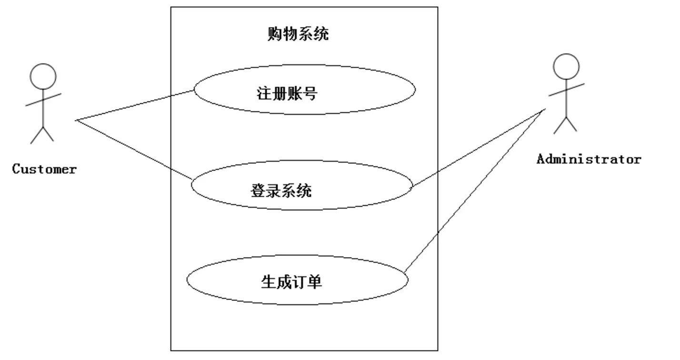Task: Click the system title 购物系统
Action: (x=298, y=34)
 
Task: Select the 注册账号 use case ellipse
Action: (x=305, y=90)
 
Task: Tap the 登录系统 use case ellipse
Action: (x=301, y=185)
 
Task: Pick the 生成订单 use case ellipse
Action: (x=297, y=280)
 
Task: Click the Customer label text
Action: (x=44, y=169)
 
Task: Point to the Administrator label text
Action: (x=589, y=159)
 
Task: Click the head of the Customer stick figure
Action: (x=43, y=76)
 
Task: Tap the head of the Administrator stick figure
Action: (x=566, y=67)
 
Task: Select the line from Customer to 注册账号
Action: (x=135, y=105)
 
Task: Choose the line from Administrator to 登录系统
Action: (x=479, y=148)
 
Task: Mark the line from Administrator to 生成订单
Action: (x=475, y=190)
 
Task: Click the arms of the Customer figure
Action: (x=43, y=99)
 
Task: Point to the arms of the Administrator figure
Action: (x=567, y=90)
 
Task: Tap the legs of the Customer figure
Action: (x=42, y=134)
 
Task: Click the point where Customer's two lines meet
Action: (x=77, y=120)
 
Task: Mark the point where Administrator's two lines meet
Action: (x=545, y=110)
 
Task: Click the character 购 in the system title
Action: (x=275, y=34)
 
